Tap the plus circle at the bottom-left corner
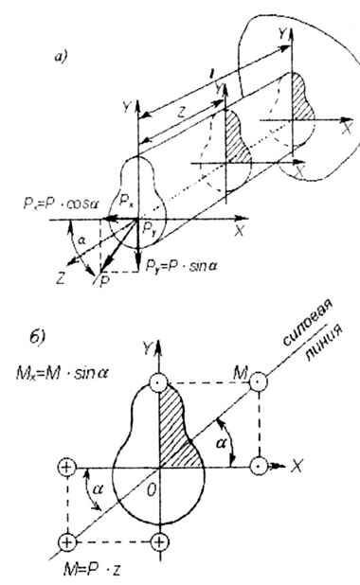(x=66, y=541)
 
